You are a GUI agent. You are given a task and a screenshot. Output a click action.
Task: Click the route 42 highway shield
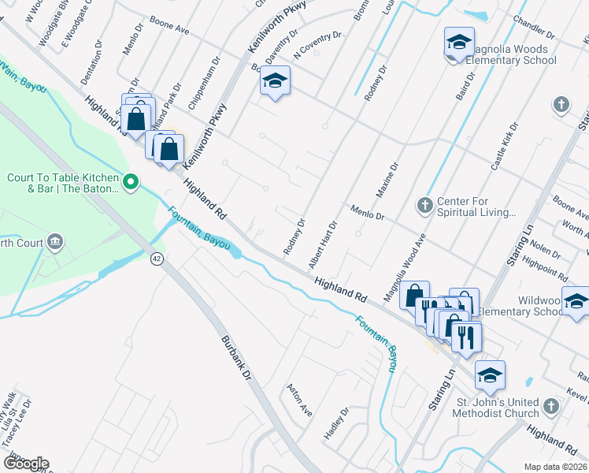click(x=158, y=259)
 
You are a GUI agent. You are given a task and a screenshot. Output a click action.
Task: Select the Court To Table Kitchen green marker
click(x=132, y=184)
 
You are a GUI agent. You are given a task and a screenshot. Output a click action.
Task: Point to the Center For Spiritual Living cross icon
click(x=425, y=206)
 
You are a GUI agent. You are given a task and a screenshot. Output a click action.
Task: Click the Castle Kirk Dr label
click(x=505, y=147)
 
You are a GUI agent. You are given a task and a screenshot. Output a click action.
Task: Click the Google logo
click(x=26, y=463)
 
